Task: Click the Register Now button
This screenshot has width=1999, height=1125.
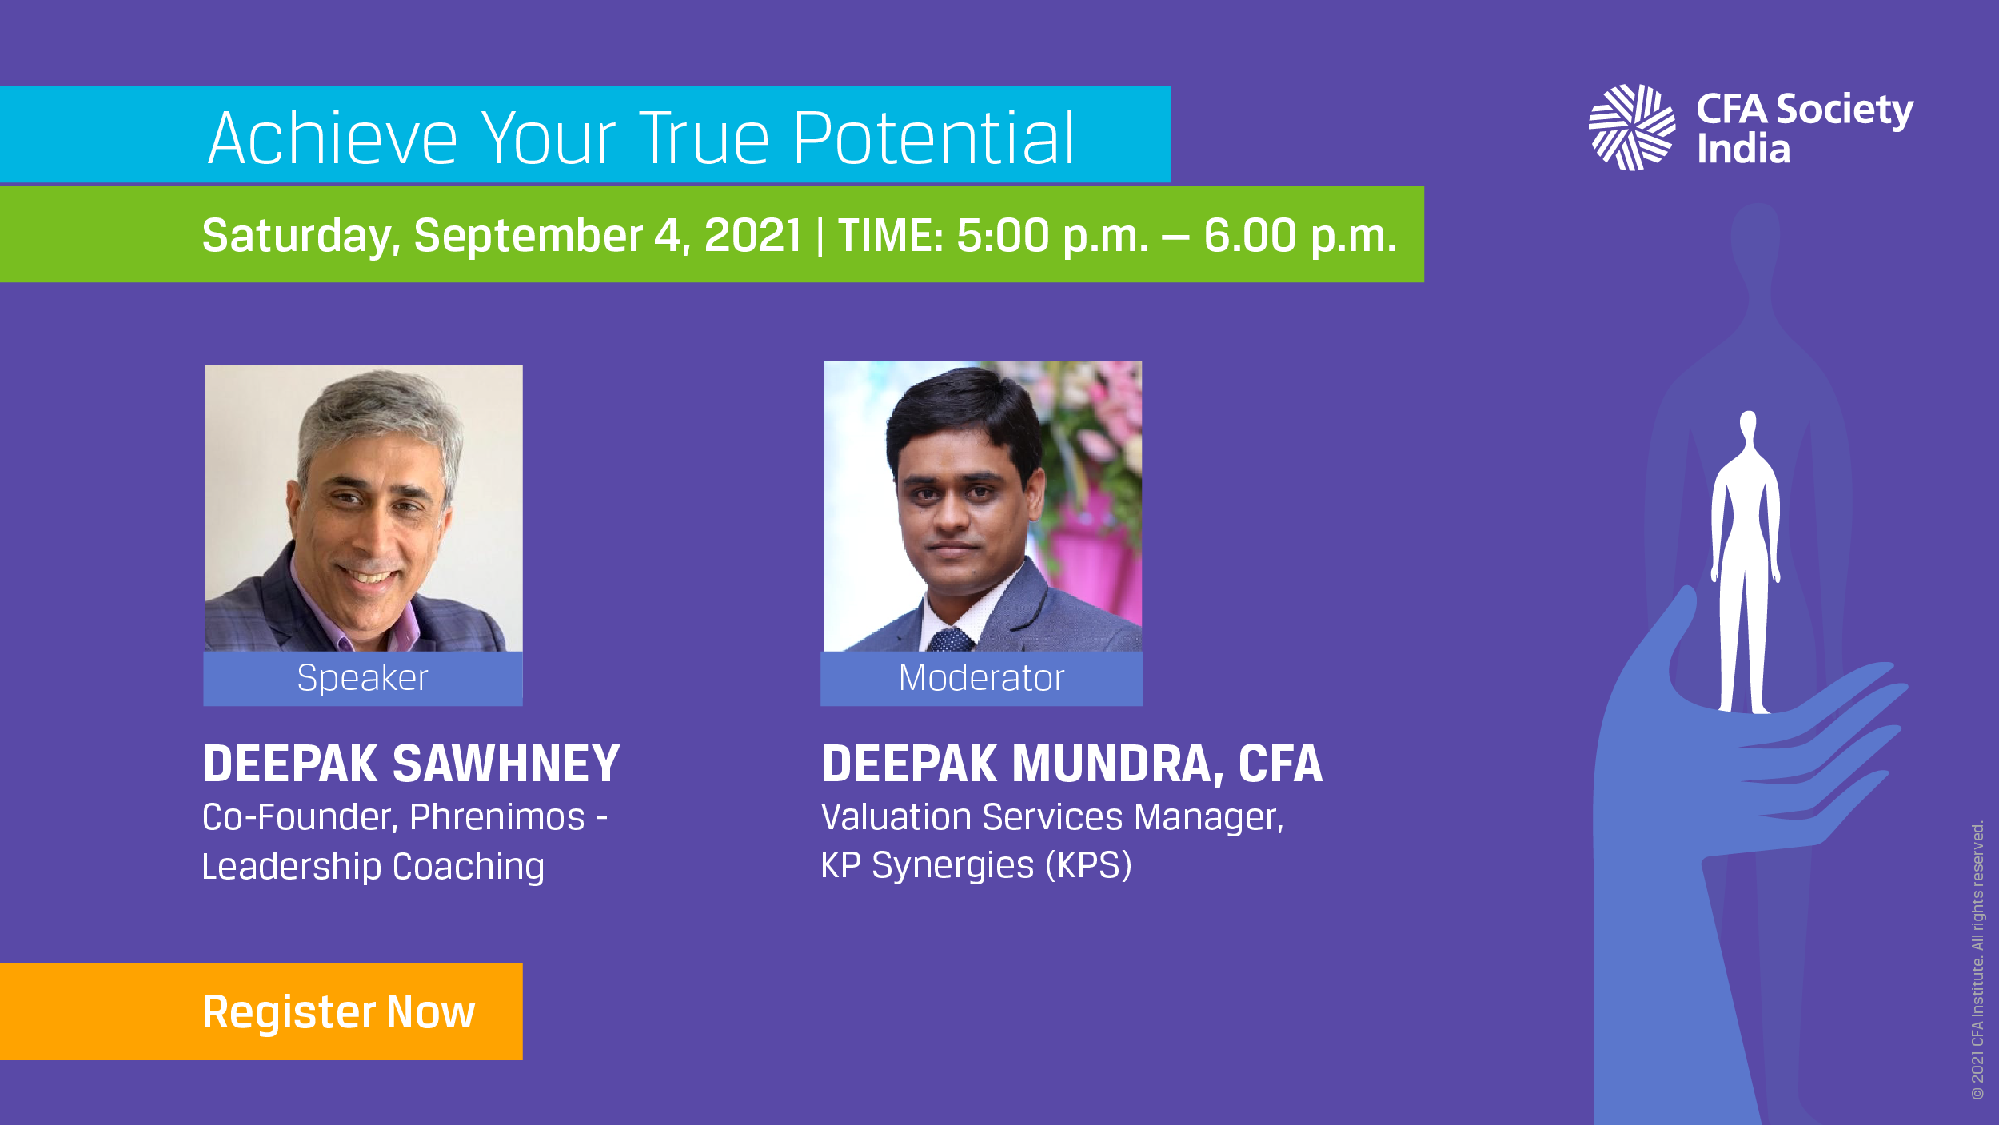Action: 261,1011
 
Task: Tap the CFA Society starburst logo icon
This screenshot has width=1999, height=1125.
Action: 1631,128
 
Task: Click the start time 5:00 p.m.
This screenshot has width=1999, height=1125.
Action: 1052,237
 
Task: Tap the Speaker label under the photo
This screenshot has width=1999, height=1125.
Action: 362,678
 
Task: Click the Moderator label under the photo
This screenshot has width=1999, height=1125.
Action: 981,678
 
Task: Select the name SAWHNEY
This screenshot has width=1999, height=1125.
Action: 507,764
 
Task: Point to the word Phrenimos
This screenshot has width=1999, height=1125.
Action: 497,817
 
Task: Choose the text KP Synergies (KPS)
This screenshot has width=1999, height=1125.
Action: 976,865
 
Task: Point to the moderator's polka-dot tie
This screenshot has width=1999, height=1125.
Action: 949,640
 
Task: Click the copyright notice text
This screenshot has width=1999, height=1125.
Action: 1977,960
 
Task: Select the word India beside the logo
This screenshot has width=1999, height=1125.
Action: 1743,150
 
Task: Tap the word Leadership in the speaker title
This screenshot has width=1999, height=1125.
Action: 292,868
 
